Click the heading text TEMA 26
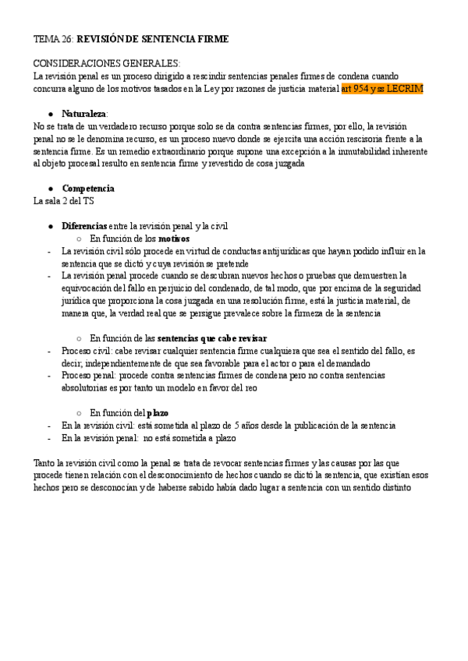(53, 39)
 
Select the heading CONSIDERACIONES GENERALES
(107, 64)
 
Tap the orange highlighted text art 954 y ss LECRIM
(382, 89)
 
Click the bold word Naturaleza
(85, 114)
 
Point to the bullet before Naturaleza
(50, 114)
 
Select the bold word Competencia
(88, 189)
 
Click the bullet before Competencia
(50, 189)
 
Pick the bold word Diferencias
(84, 226)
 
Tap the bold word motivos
(175, 239)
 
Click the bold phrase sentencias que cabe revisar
(212, 338)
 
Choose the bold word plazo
(158, 412)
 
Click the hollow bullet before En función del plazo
(80, 412)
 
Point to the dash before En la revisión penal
(49, 438)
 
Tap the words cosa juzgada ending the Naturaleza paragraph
(279, 164)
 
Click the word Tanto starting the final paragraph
(45, 463)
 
